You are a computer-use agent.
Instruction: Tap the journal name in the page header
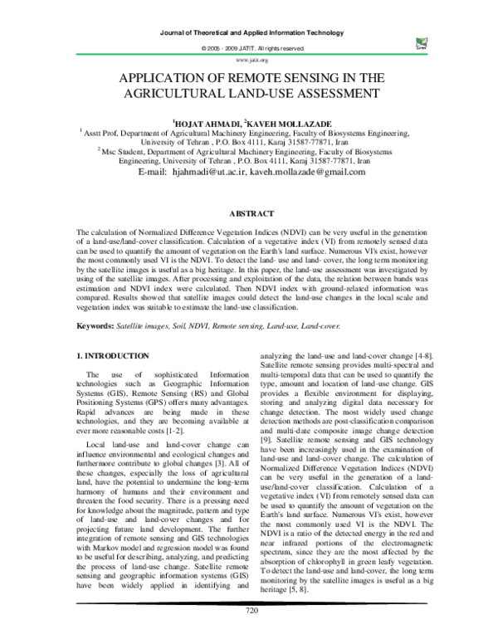pos(249,31)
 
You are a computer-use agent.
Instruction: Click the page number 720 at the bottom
pos(249,633)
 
